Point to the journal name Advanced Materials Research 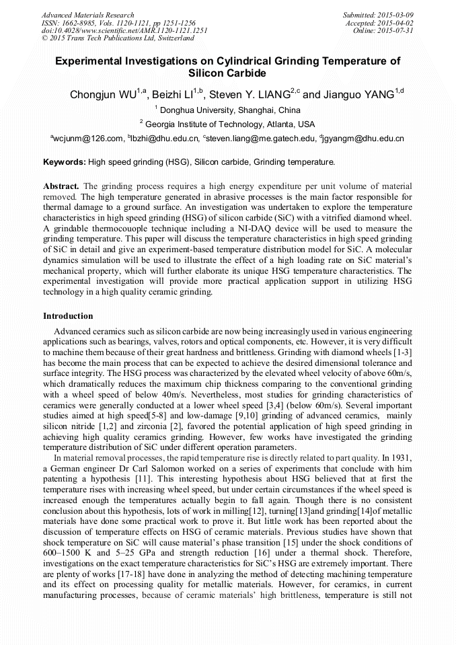[x=87, y=15]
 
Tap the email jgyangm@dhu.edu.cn [x=363, y=139]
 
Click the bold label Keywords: [x=65, y=162]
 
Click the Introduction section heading [x=68, y=315]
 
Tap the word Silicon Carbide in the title [x=227, y=73]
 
